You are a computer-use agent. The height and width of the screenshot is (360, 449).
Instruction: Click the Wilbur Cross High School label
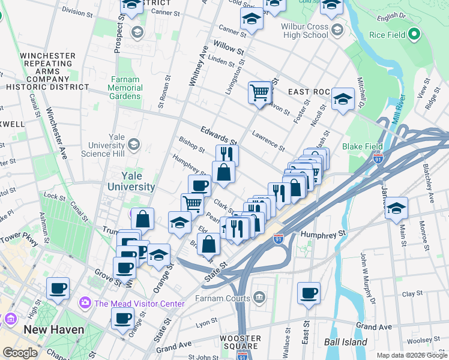pos(305,31)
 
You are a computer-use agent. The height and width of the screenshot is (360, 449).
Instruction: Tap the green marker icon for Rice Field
pos(413,35)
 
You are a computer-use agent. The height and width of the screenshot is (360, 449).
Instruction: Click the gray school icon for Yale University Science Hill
pos(133,144)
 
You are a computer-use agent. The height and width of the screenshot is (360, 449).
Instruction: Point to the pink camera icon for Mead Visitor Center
pos(86,303)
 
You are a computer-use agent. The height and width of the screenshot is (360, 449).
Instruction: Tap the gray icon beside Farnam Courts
pos(259,296)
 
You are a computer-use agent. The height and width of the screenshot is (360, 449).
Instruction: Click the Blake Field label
pos(362,146)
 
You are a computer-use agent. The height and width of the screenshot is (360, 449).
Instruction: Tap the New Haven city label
pos(53,330)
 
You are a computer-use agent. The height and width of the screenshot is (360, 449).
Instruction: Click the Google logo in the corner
pos(20,353)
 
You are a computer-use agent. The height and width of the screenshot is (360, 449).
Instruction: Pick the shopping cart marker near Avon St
pos(260,93)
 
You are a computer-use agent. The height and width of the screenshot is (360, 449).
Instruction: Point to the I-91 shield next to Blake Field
pos(378,159)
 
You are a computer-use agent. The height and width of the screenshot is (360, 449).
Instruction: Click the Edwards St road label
pos(219,136)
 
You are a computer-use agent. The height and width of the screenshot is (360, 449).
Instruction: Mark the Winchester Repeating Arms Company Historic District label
pos(47,71)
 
